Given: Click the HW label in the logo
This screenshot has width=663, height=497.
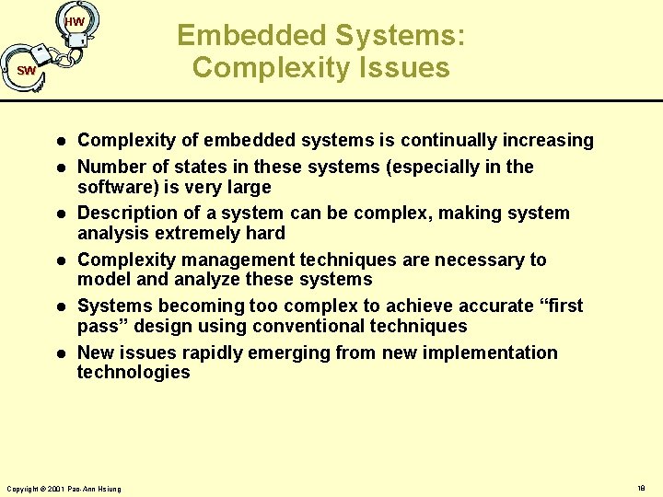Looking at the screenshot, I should click(x=76, y=22).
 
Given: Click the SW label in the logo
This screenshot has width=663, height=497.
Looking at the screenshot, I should click(x=26, y=71).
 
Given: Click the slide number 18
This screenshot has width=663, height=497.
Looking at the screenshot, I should click(x=641, y=488).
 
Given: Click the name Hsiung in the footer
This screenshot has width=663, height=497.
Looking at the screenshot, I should click(x=108, y=488).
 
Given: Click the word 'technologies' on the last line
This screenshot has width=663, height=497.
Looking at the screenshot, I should click(x=134, y=373).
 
